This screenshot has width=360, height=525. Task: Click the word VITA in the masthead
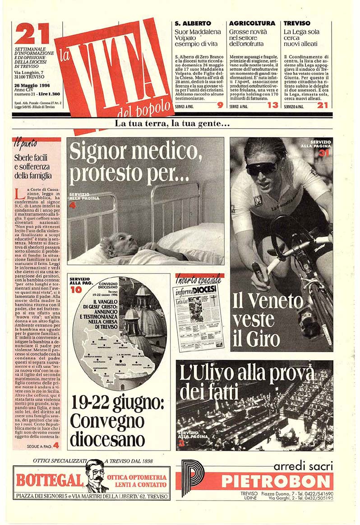tap(115, 68)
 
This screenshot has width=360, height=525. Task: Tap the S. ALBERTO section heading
tap(193, 23)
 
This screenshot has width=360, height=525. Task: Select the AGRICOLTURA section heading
tap(252, 23)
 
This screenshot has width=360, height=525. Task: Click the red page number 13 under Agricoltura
tap(272, 105)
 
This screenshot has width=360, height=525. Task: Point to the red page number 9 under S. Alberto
tap(220, 105)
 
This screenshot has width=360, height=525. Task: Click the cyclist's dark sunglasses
tap(261, 167)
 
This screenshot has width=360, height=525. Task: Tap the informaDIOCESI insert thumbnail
tap(198, 318)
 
